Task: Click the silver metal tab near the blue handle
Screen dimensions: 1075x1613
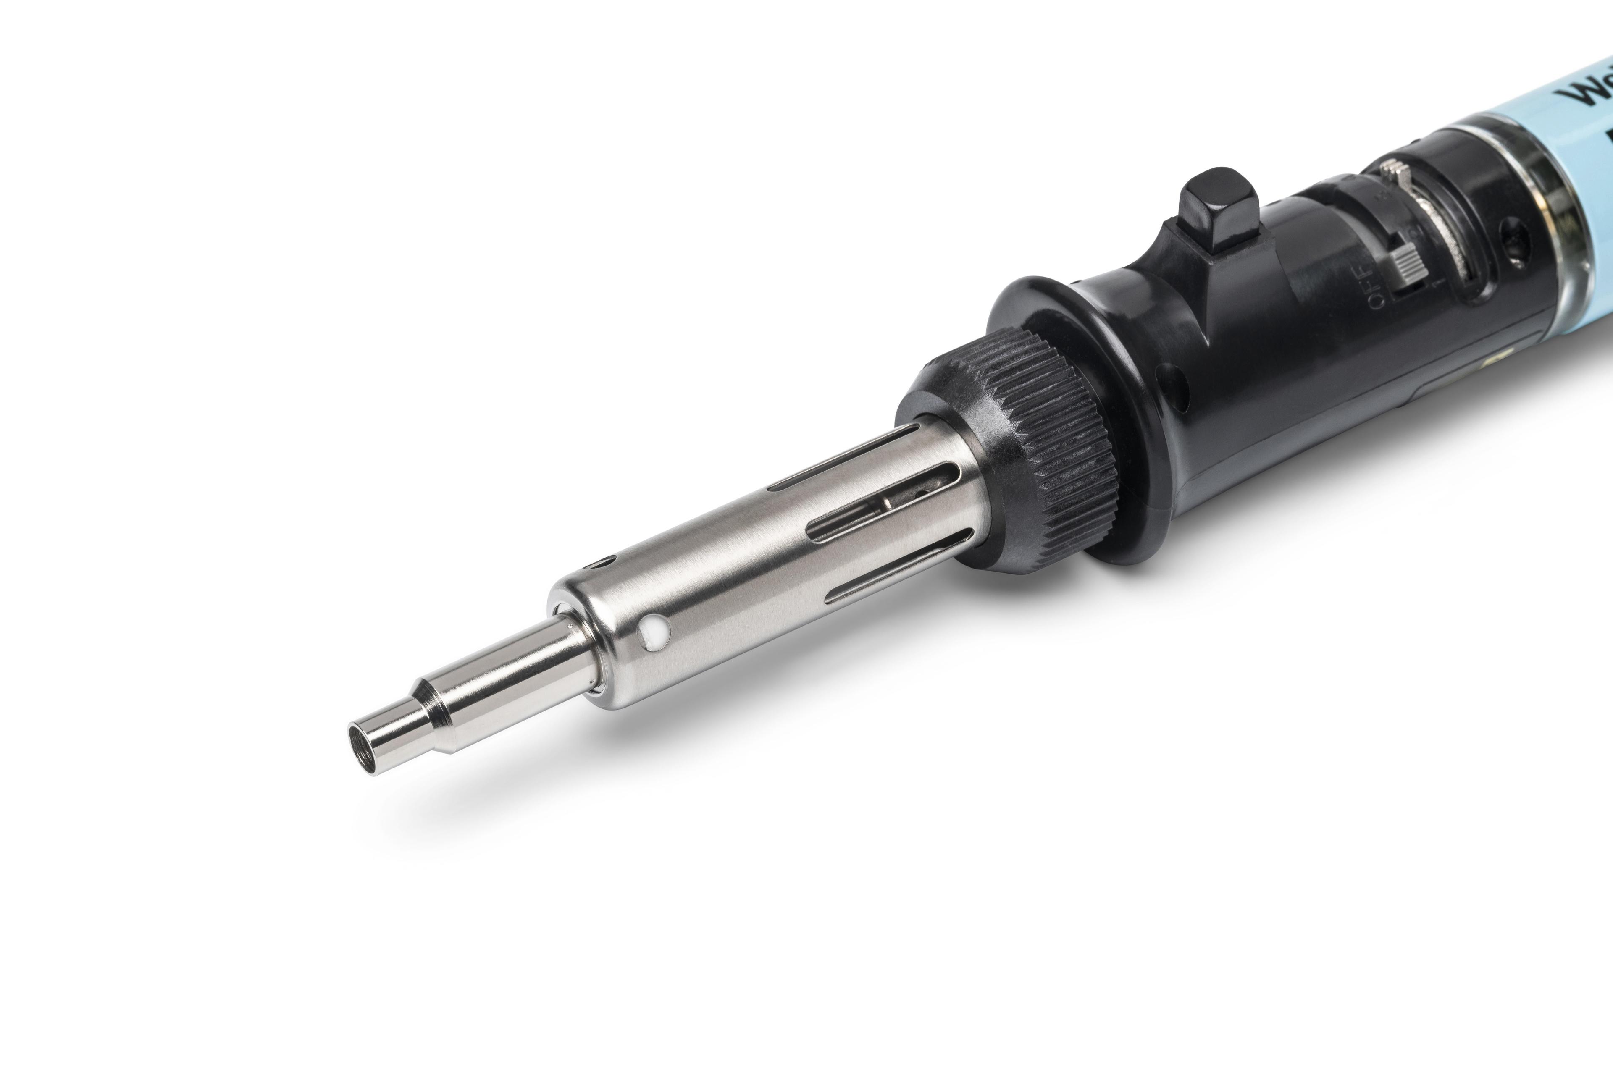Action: pyautogui.click(x=1392, y=171)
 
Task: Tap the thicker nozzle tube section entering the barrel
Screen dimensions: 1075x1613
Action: pyautogui.click(x=521, y=672)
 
